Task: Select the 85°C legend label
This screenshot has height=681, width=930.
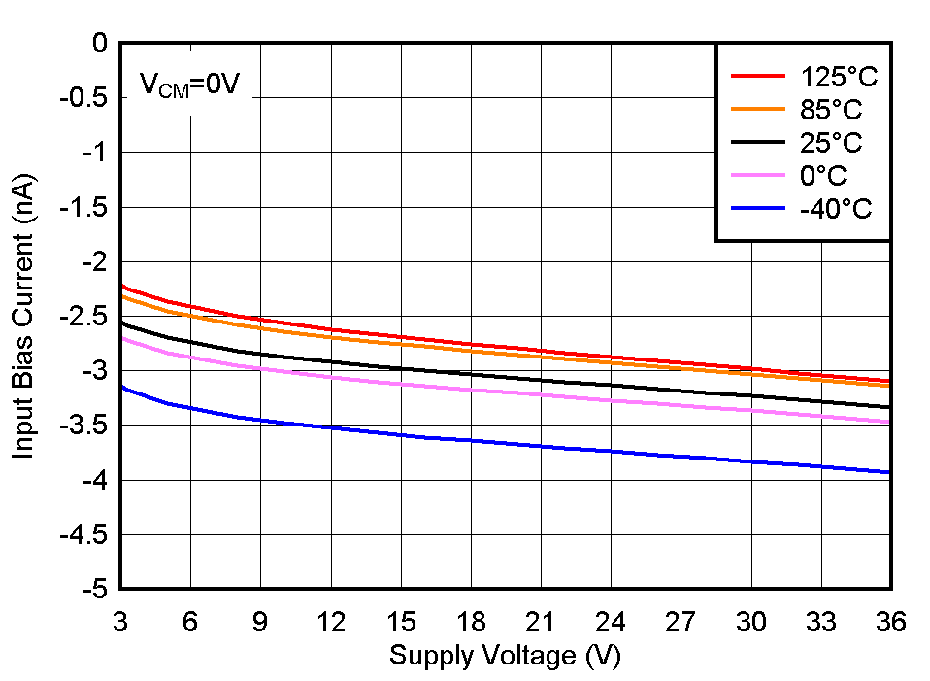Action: point(823,109)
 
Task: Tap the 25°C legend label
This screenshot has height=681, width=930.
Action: point(823,143)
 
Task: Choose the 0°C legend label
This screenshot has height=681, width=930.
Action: point(815,176)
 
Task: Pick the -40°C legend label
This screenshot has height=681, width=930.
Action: point(828,209)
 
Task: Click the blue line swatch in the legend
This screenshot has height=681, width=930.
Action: point(757,208)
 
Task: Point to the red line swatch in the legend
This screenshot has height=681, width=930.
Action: point(757,75)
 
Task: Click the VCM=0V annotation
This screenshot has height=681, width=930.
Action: point(189,85)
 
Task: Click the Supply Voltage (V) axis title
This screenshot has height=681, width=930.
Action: point(504,656)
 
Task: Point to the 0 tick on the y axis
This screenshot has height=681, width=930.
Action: point(98,43)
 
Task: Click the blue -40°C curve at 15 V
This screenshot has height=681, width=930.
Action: point(400,434)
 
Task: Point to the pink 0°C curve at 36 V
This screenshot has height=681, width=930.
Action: point(888,422)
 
